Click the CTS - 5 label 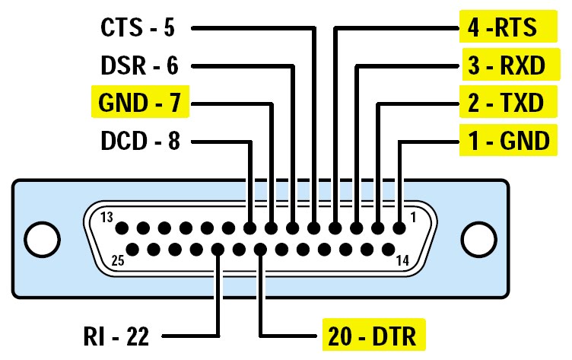click(x=138, y=28)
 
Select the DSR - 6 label click(x=138, y=65)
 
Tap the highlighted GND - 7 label click(x=138, y=103)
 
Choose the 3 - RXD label click(x=505, y=65)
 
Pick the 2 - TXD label click(x=505, y=103)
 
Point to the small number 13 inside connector click(x=108, y=218)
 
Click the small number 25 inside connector click(x=117, y=260)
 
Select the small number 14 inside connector click(x=402, y=260)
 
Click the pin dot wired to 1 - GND click(x=399, y=228)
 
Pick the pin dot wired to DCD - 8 click(x=250, y=228)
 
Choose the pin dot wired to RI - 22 click(x=218, y=249)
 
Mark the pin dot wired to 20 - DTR click(x=261, y=249)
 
